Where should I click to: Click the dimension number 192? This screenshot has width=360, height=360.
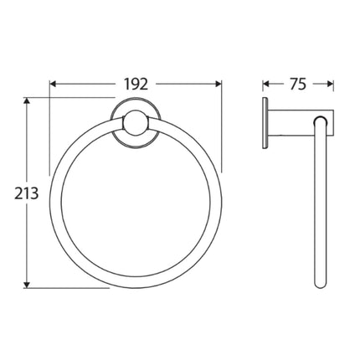click(x=136, y=84)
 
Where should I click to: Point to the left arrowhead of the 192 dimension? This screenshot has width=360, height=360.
click(x=54, y=84)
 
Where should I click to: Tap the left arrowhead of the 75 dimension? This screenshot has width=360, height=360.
click(x=267, y=84)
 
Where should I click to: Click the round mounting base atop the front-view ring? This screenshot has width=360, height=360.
click(x=130, y=126)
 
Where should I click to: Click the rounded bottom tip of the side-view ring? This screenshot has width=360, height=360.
click(x=320, y=285)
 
